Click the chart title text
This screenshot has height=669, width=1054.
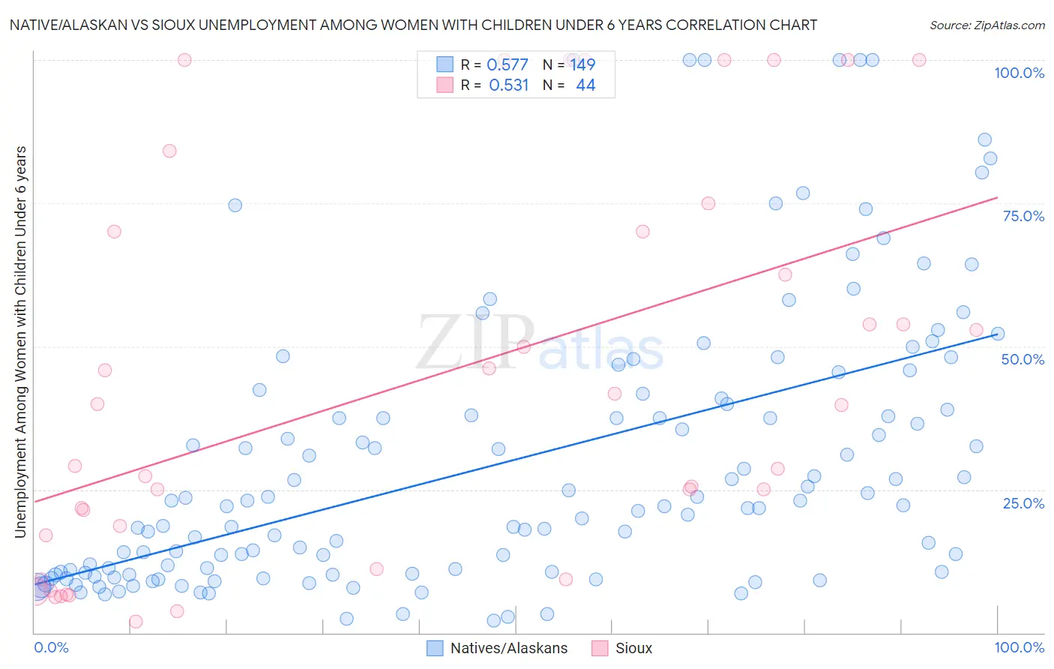(413, 25)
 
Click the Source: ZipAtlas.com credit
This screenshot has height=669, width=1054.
(987, 25)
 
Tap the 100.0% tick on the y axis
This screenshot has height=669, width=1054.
(1019, 73)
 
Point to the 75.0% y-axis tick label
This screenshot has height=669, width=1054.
(1023, 216)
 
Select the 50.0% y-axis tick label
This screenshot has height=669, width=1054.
(1023, 359)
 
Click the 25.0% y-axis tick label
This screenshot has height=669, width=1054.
(1023, 502)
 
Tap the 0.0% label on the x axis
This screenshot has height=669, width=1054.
(51, 647)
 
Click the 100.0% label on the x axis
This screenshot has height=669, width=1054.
(1019, 647)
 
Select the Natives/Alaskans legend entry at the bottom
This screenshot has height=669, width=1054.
(497, 648)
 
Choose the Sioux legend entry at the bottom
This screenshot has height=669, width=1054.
(622, 648)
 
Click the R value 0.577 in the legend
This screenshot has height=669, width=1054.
(508, 64)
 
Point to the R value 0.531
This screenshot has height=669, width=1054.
(508, 85)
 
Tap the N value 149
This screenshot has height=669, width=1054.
(582, 64)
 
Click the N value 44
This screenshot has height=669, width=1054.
(585, 85)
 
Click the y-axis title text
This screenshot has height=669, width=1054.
(21, 342)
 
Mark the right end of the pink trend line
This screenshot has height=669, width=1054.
(997, 197)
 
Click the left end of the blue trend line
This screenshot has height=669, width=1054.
(34, 583)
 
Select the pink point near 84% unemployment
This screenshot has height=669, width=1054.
(169, 151)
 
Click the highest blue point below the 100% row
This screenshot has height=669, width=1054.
(984, 139)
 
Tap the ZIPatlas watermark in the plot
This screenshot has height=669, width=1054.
(540, 343)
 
